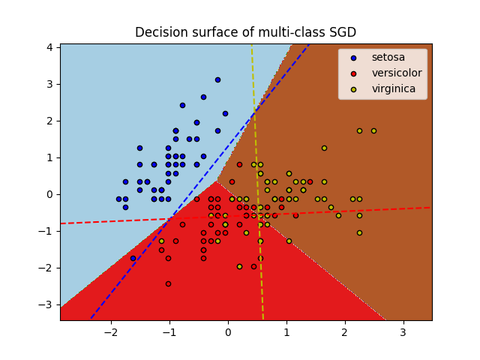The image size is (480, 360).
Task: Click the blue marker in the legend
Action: pyautogui.click(x=353, y=58)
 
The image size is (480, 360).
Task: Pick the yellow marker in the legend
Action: pyautogui.click(x=353, y=88)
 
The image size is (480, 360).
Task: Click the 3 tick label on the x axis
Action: pyautogui.click(x=403, y=332)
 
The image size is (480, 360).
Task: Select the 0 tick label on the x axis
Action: pyautogui.click(x=228, y=332)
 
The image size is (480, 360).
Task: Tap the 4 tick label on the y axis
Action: pyautogui.click(x=49, y=47)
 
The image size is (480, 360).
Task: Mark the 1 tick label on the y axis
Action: pyautogui.click(x=49, y=157)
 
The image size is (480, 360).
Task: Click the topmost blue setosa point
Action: pyautogui.click(x=217, y=79)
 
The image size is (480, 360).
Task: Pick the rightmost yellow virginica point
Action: pyautogui.click(x=373, y=130)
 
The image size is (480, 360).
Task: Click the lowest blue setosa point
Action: pyautogui.click(x=133, y=258)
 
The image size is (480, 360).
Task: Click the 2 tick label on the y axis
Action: pyautogui.click(x=49, y=121)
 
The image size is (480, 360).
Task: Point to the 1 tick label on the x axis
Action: pyautogui.click(x=286, y=332)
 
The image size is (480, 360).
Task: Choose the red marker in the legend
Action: pyautogui.click(x=353, y=73)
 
